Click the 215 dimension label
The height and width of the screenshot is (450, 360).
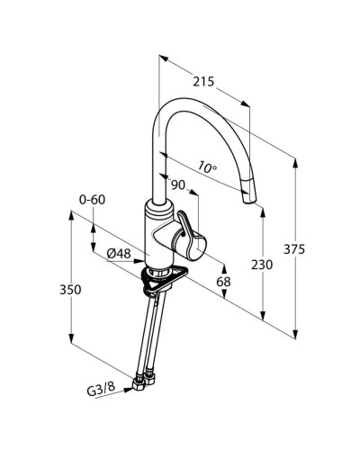203,82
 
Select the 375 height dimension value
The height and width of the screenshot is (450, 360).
294,249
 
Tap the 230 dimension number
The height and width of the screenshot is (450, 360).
262,265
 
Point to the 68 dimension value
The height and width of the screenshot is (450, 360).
223,282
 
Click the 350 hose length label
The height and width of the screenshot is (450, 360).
70,290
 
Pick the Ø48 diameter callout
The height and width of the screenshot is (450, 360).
119,254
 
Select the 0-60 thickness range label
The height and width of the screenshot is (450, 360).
93,200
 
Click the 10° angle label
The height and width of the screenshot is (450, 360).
208,167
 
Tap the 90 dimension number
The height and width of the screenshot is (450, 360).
178,185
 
